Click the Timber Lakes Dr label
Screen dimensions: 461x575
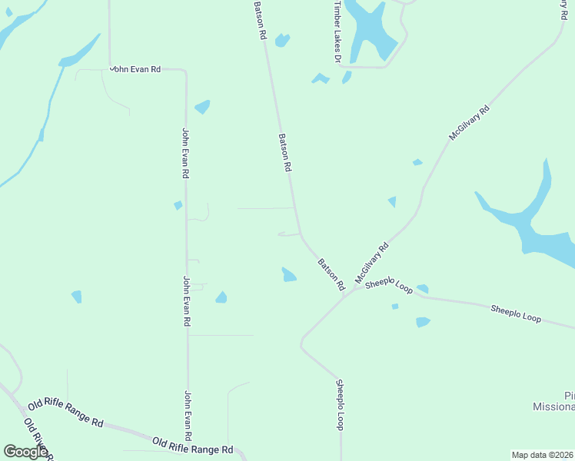pyautogui.click(x=337, y=31)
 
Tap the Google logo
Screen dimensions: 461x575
pyautogui.click(x=26, y=452)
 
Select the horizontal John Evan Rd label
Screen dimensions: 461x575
pyautogui.click(x=135, y=69)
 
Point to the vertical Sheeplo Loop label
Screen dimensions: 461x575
pyautogui.click(x=340, y=404)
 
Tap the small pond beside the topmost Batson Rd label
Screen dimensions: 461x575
pyautogui.click(x=282, y=40)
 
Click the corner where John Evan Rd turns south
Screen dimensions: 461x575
pyautogui.click(x=185, y=72)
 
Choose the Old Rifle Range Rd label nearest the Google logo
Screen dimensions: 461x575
pyautogui.click(x=65, y=413)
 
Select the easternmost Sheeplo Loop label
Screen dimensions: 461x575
pyautogui.click(x=516, y=313)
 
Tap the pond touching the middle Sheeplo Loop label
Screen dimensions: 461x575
pyautogui.click(x=421, y=290)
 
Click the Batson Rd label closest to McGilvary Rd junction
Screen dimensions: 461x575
pyautogui.click(x=331, y=274)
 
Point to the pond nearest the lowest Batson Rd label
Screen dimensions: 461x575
pyautogui.click(x=289, y=274)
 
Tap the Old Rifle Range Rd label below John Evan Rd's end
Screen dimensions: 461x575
pyautogui.click(x=192, y=445)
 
